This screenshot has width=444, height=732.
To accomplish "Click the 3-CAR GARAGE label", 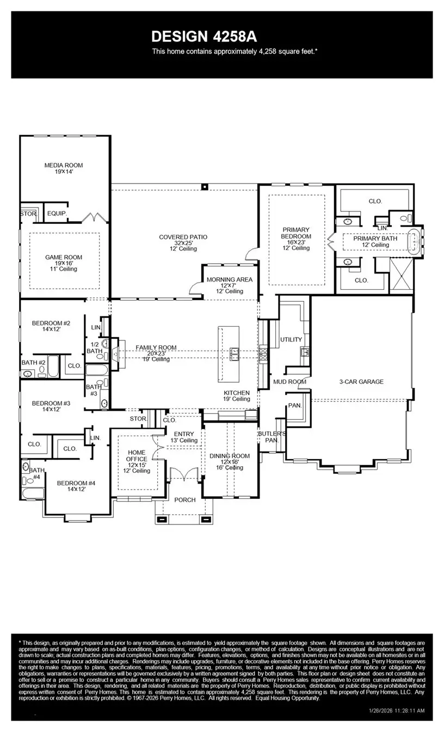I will [361, 382].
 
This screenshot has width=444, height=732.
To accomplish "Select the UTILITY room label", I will [291, 340].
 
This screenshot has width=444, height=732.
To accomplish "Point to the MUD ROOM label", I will [289, 382].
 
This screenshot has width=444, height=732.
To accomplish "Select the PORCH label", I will [184, 500].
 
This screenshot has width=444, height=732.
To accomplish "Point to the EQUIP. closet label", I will [55, 214].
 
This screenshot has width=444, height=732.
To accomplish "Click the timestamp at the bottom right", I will [398, 711].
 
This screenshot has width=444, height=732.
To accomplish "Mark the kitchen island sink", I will [235, 353].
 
